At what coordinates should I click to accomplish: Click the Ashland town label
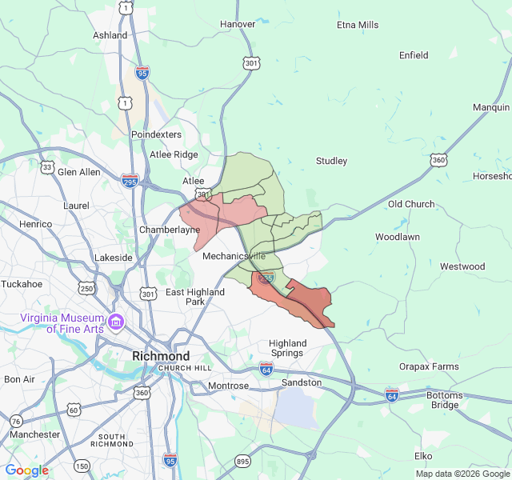110,35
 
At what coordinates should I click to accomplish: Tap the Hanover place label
238,24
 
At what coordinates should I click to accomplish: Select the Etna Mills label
358,25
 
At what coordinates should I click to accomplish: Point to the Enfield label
414,55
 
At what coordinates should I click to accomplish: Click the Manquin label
490,107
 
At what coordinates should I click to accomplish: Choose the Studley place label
331,161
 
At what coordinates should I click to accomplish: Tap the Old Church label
411,204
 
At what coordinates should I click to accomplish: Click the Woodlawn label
398,237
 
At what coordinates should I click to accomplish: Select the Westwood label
462,266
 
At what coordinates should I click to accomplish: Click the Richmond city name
161,356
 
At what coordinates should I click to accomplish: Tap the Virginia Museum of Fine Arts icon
116,322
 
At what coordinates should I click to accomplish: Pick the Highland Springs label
288,348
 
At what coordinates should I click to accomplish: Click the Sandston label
302,382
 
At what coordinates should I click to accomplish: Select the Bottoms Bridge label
445,400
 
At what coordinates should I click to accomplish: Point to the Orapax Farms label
430,366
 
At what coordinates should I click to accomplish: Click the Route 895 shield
243,461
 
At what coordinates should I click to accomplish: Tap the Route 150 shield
82,466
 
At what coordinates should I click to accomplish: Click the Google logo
27,470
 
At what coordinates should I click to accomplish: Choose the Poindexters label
157,134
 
